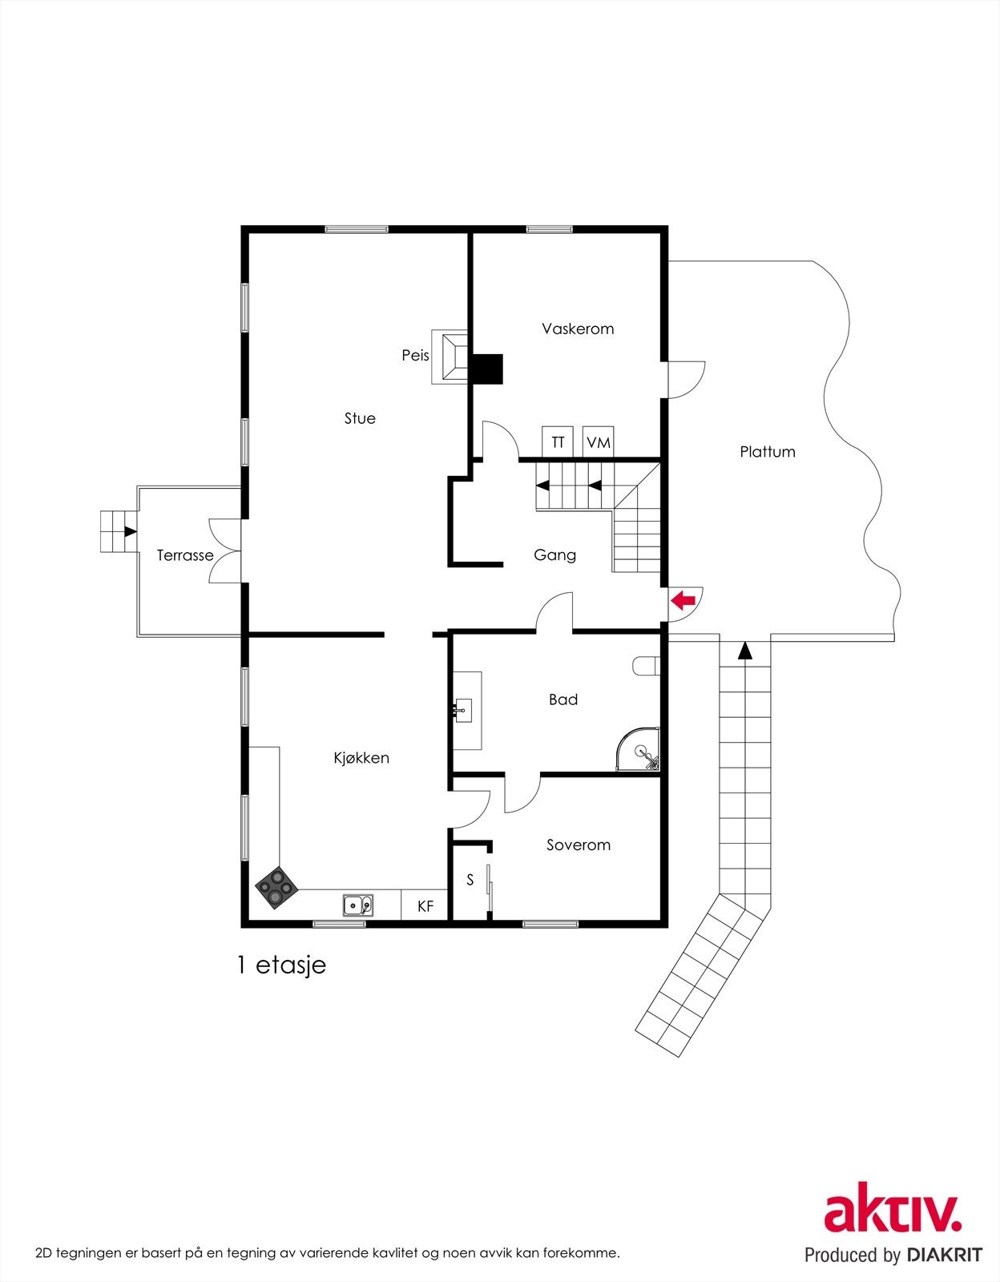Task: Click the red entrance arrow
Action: [x=683, y=599]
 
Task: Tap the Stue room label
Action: [x=360, y=418]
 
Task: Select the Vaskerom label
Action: [x=578, y=329]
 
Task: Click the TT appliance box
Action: [x=558, y=442]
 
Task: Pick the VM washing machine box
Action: [x=598, y=442]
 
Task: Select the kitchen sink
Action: [x=357, y=905]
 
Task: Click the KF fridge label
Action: [x=425, y=906]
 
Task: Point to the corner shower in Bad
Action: [x=641, y=752]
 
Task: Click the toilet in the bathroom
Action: [x=646, y=665]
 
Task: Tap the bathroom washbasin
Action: [x=464, y=710]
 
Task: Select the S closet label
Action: [x=470, y=880]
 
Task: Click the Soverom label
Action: [x=579, y=845]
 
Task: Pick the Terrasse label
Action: [x=185, y=555]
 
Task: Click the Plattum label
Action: [x=768, y=452]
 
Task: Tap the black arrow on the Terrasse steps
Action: [x=129, y=531]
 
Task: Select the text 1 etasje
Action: [x=281, y=965]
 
